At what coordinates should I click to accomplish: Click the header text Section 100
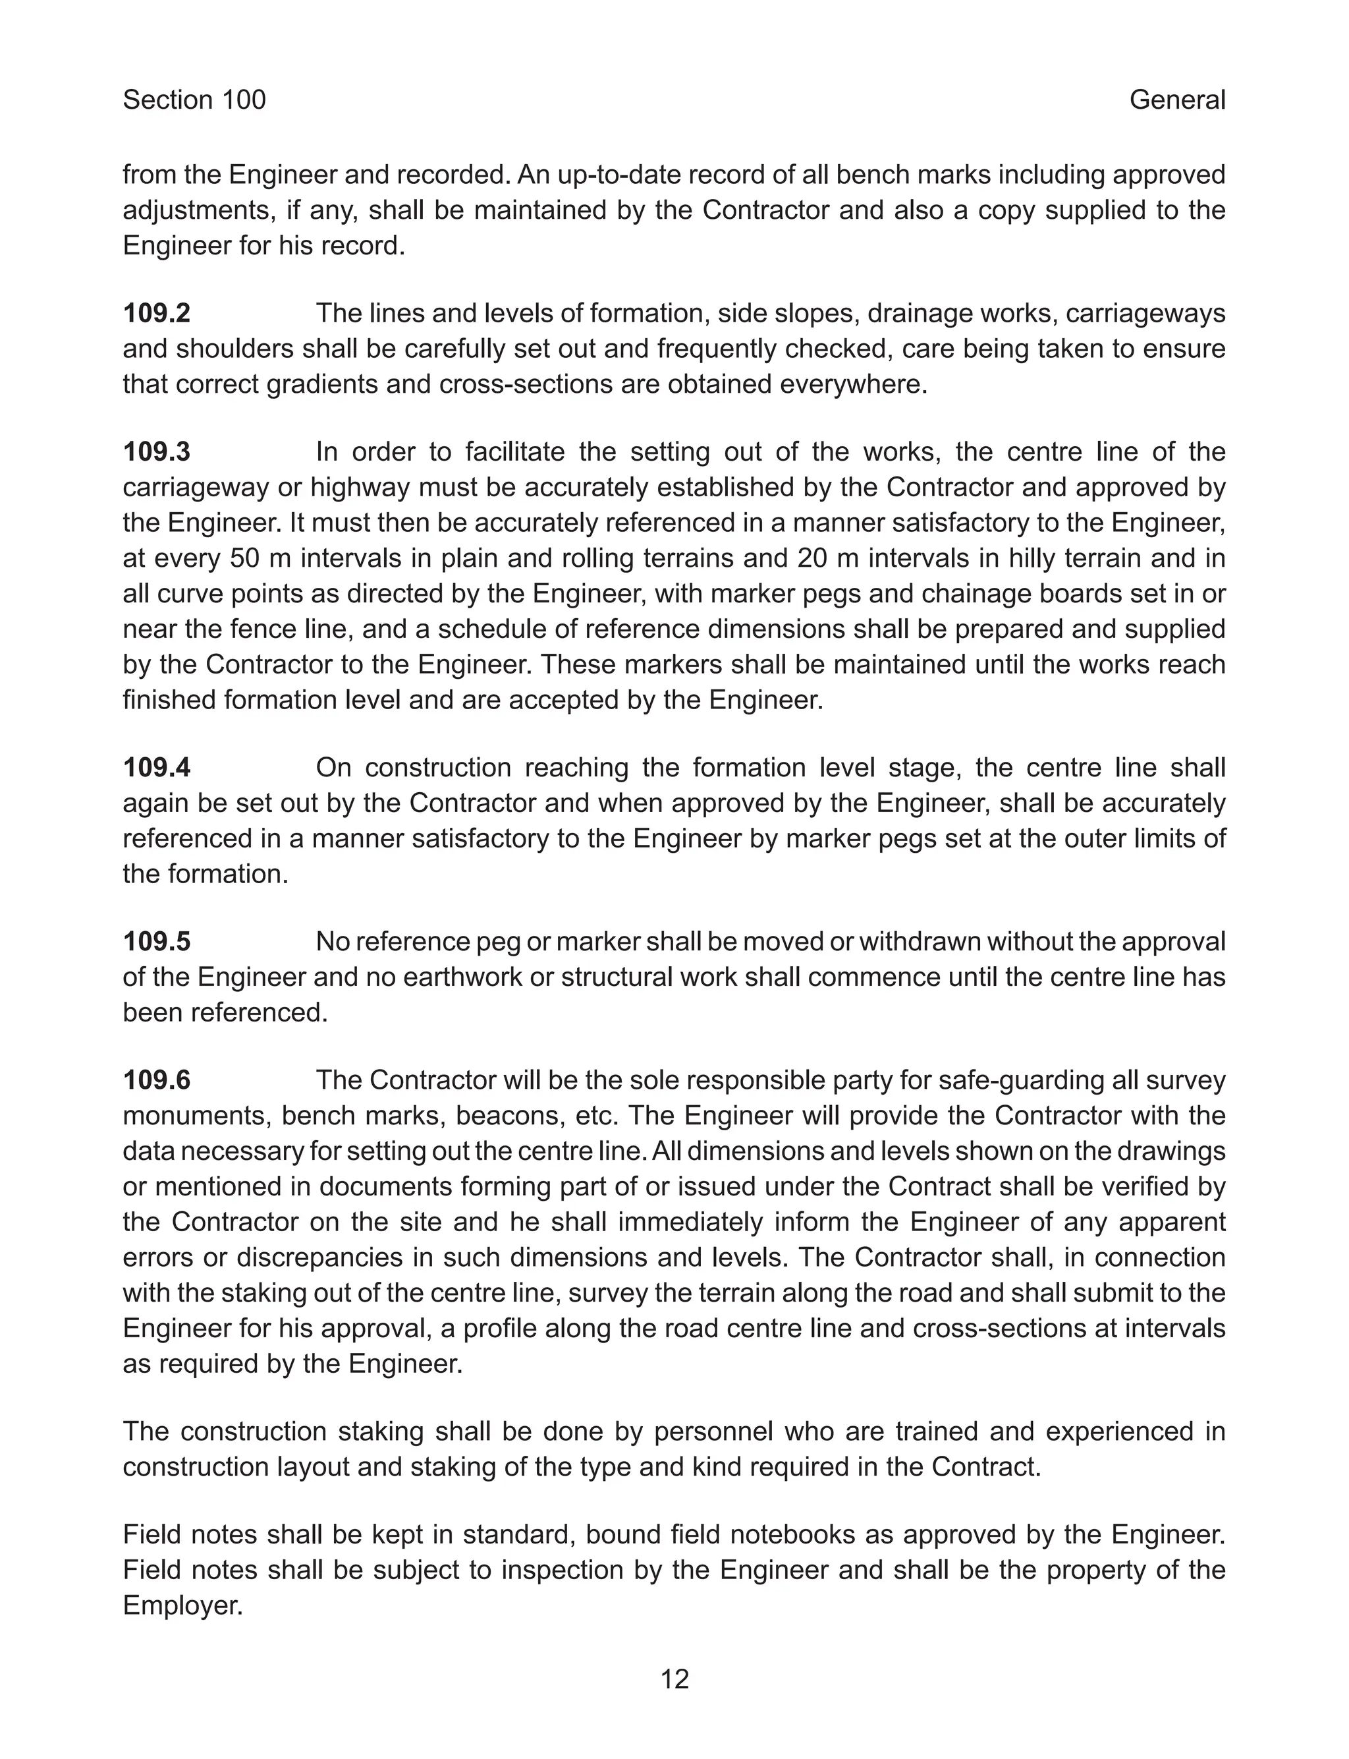pos(194,100)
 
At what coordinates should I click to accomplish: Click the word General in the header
pos(1176,100)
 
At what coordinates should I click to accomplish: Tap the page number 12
pos(674,1679)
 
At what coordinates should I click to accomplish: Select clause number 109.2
pos(157,313)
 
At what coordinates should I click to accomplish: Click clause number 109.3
pos(157,452)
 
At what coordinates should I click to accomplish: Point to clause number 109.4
pos(157,768)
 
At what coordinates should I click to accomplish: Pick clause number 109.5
pos(157,941)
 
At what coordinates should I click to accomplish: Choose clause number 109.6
pos(157,1080)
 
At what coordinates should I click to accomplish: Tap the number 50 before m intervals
pos(245,558)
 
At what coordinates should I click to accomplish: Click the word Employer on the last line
pos(182,1605)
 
